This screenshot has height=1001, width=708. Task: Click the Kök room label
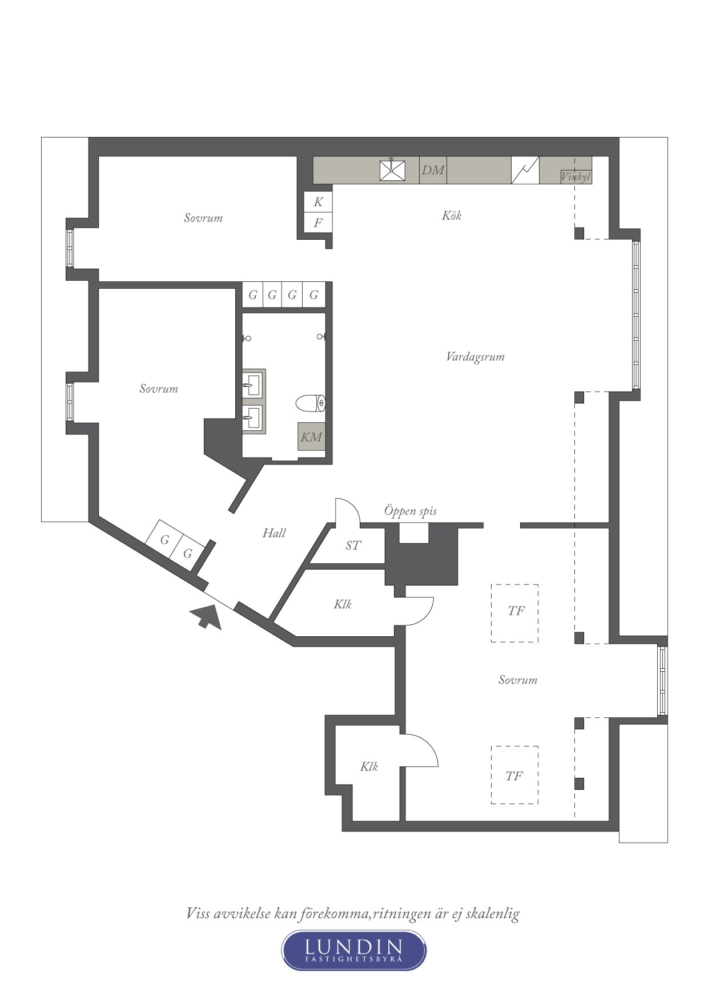pos(451,215)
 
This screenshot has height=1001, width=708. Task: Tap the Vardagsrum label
pos(475,357)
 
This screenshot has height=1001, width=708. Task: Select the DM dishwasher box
pos(433,170)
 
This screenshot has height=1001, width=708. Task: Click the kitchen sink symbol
pos(393,170)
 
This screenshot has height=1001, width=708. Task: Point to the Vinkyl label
pos(576,177)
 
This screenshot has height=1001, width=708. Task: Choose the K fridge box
pos(318,201)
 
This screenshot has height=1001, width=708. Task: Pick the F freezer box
pos(318,223)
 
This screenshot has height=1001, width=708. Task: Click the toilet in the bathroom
pos(311,403)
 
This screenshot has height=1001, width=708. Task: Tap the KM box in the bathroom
pos(311,437)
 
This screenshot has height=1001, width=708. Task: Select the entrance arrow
pos(207,616)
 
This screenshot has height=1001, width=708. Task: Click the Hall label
pos(274,533)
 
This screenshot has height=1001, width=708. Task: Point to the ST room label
pos(353,546)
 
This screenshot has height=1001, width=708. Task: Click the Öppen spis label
pos(410,511)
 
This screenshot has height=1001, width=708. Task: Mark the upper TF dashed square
pos(514,613)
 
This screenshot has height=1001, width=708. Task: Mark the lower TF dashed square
pos(514,775)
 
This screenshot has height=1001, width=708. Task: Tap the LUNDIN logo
pos(354,950)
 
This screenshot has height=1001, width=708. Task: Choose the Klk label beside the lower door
pos(369,766)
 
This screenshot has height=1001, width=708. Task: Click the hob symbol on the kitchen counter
pos(525,170)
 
